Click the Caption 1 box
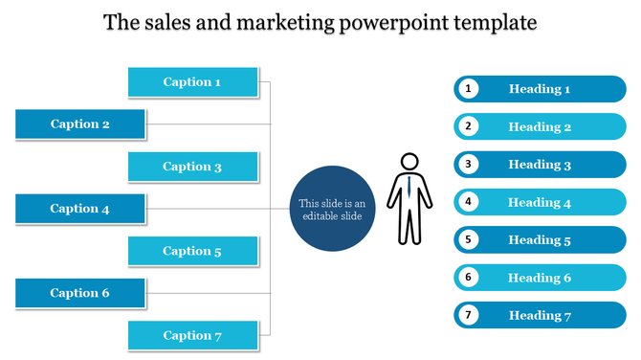coord(193,82)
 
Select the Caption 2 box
coord(80,124)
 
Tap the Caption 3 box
coord(193,167)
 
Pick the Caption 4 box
coord(80,209)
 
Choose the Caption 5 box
coord(193,251)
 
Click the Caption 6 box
coord(80,293)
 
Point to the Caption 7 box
coord(193,335)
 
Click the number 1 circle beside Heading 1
coord(468,89)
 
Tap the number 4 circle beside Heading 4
coord(468,202)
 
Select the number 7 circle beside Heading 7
coord(468,315)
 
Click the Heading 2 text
coord(540,126)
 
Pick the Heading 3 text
coord(540,165)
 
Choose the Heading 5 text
coord(540,239)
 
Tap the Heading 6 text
coord(540,278)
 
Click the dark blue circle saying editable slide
coord(331,209)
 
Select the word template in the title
coord(494,22)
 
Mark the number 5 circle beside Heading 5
coord(468,239)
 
